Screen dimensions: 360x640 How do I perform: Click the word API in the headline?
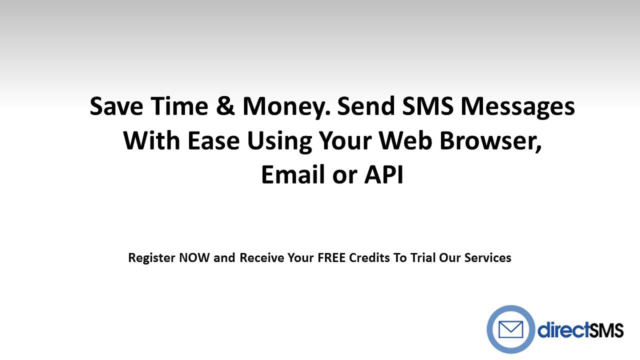tap(383, 175)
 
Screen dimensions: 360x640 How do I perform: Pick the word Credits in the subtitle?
tap(370, 258)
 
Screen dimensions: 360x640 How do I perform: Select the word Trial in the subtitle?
tap(422, 258)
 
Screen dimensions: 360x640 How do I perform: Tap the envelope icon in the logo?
tap(510, 329)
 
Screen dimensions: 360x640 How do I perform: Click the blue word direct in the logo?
tap(559, 330)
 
